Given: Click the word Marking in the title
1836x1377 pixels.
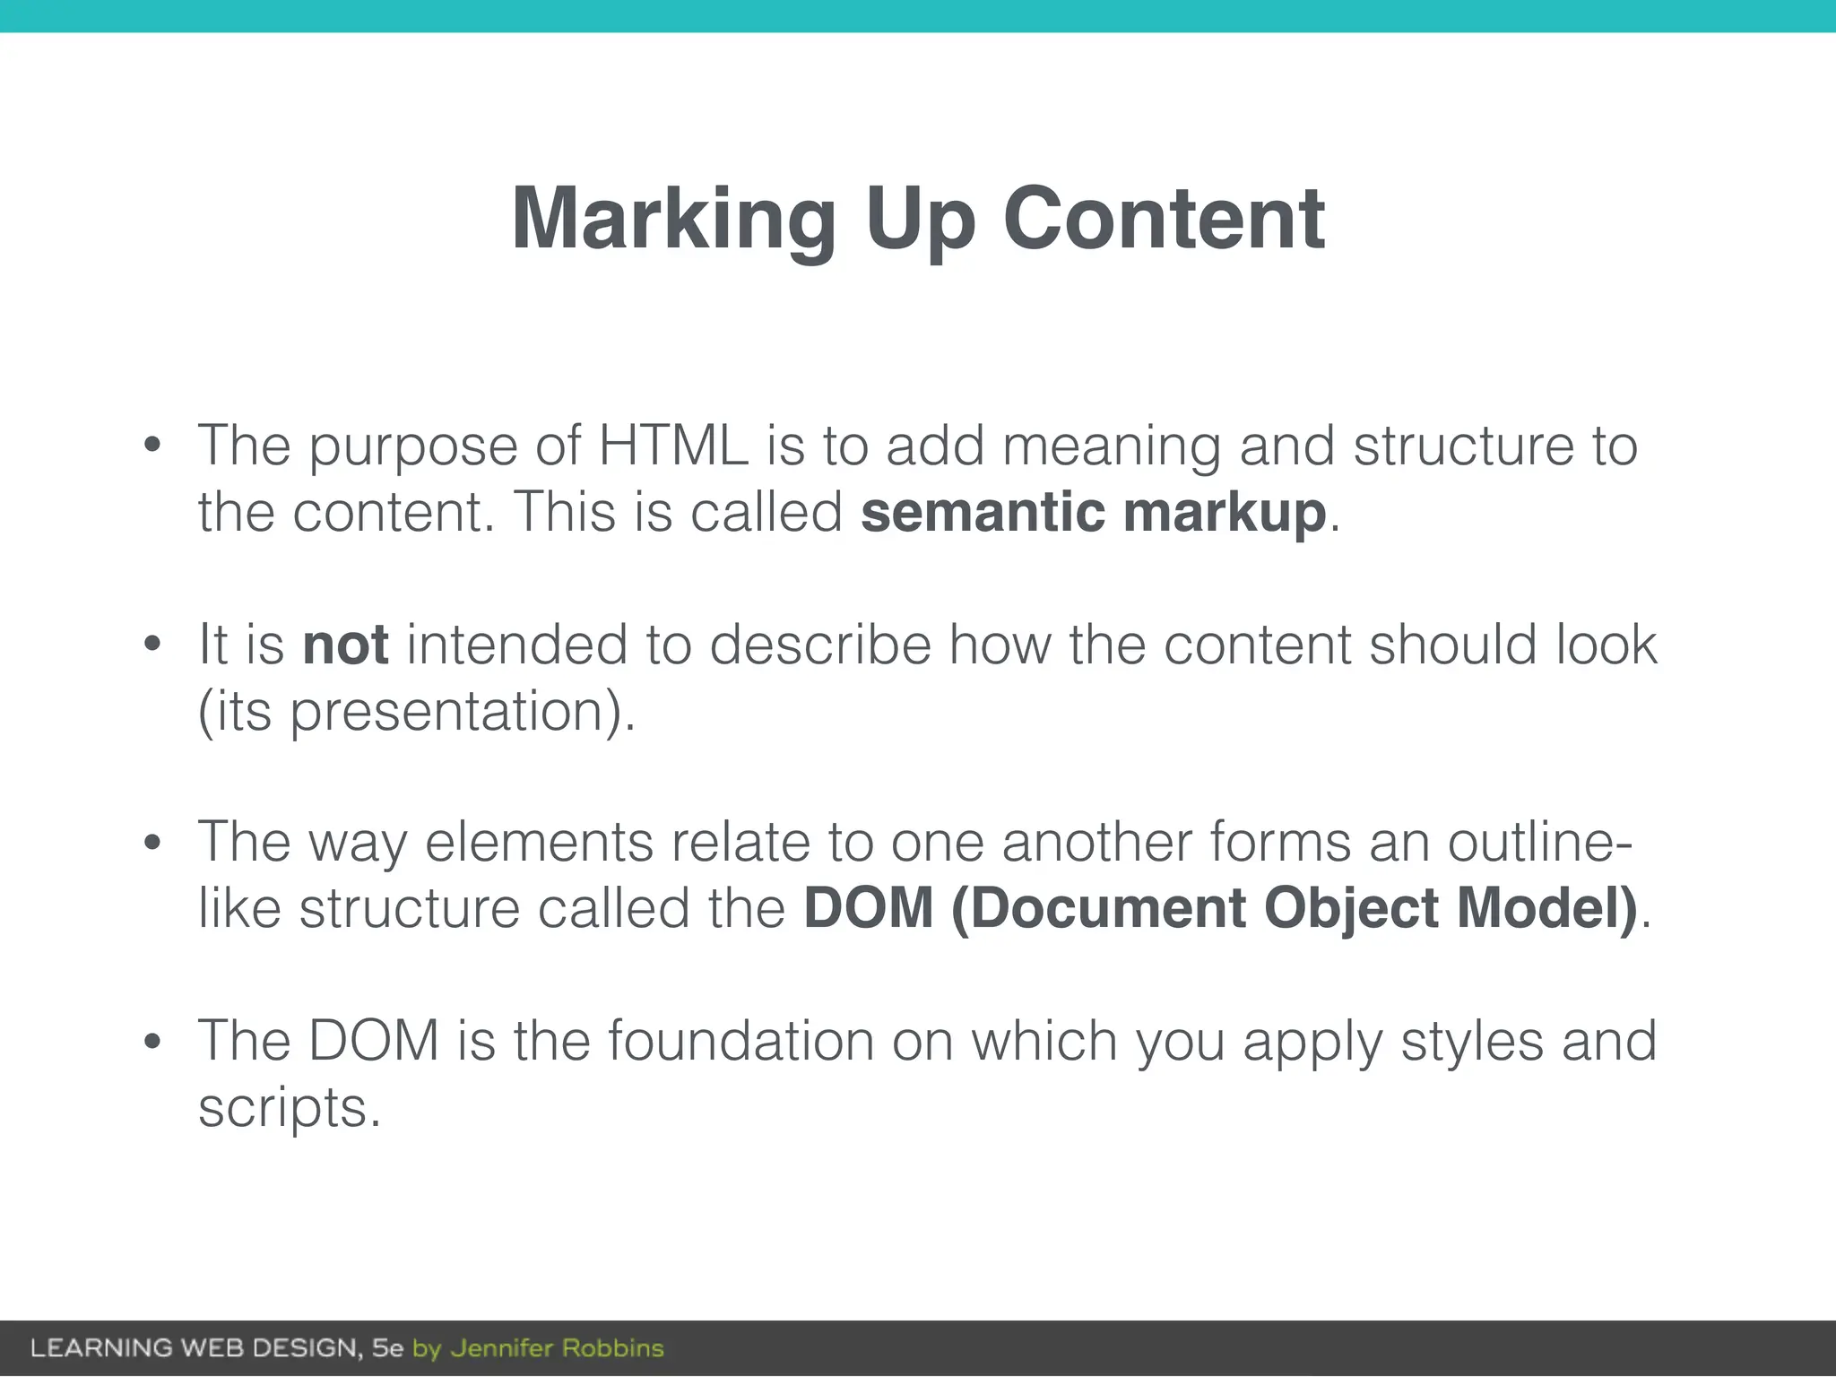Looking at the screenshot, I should pos(673,219).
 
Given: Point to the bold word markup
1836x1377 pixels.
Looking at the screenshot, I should pos(1225,514).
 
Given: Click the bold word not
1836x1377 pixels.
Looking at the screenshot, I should pos(345,645).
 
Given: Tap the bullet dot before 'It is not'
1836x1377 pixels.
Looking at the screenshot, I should pos(152,644).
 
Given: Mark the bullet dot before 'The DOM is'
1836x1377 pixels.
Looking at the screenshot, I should pos(152,1041).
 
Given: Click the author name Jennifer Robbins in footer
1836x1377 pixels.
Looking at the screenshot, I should pos(557,1348).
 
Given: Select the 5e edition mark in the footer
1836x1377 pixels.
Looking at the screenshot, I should pos(387,1348).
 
